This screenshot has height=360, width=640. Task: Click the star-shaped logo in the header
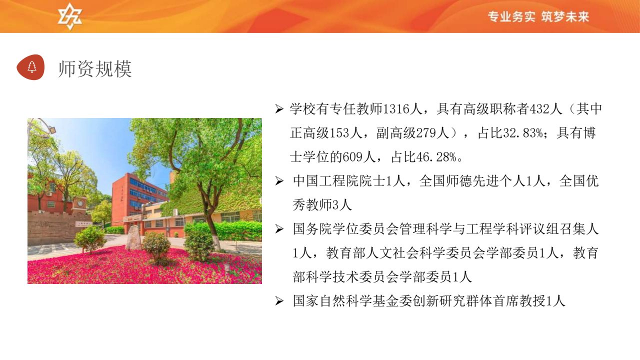(x=69, y=16)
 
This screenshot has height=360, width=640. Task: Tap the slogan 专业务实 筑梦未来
(x=538, y=17)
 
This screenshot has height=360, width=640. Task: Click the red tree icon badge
(x=30, y=67)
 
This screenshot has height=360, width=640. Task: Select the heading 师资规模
(x=95, y=69)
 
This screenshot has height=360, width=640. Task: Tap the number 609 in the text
(x=351, y=157)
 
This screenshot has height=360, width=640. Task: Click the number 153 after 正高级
(x=339, y=133)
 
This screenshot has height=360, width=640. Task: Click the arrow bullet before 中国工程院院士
(x=279, y=181)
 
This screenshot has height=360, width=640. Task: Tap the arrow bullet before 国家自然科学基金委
(x=279, y=301)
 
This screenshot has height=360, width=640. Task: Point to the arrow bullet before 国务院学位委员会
(x=279, y=229)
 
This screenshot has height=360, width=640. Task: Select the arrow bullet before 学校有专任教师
(x=279, y=109)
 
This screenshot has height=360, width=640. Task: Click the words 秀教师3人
(x=322, y=205)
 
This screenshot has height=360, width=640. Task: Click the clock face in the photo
(x=80, y=203)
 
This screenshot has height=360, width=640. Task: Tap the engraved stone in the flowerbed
(x=133, y=237)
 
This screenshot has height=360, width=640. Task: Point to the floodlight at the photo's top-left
(x=51, y=130)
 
